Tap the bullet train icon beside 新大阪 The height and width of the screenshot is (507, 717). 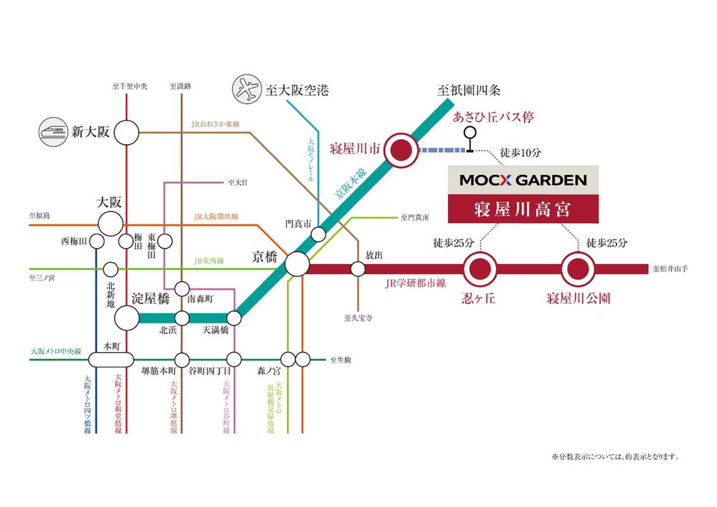pos(53,131)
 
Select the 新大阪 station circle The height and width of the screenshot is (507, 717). pos(126,132)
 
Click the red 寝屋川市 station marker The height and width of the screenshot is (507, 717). pos(401,151)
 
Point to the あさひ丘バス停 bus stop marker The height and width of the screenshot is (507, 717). pos(470,133)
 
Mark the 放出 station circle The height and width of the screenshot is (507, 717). pos(358,269)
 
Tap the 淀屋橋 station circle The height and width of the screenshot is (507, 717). pos(127,318)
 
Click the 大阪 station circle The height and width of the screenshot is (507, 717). pos(110,222)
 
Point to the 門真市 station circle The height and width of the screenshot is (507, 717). pos(318,234)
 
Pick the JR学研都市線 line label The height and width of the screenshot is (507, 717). pos(409,283)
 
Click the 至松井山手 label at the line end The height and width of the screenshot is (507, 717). pos(670,270)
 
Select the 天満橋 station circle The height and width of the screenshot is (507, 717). pos(234,318)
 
